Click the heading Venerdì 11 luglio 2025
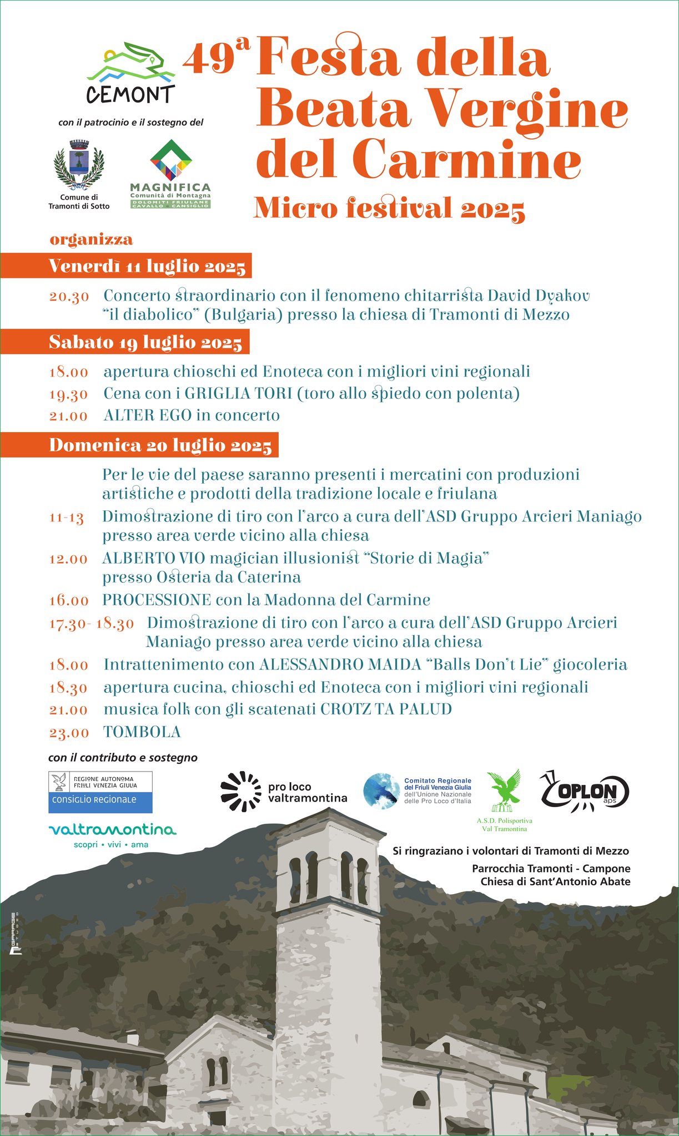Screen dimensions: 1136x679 147,266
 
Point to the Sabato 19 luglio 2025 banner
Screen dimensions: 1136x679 145,342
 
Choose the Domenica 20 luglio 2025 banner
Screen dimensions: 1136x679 160,445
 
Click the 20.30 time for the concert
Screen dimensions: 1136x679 69,297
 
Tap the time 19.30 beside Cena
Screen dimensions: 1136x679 68,394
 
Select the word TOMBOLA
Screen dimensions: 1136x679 142,732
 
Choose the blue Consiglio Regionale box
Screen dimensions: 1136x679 100,800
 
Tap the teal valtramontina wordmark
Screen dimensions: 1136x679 112,830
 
